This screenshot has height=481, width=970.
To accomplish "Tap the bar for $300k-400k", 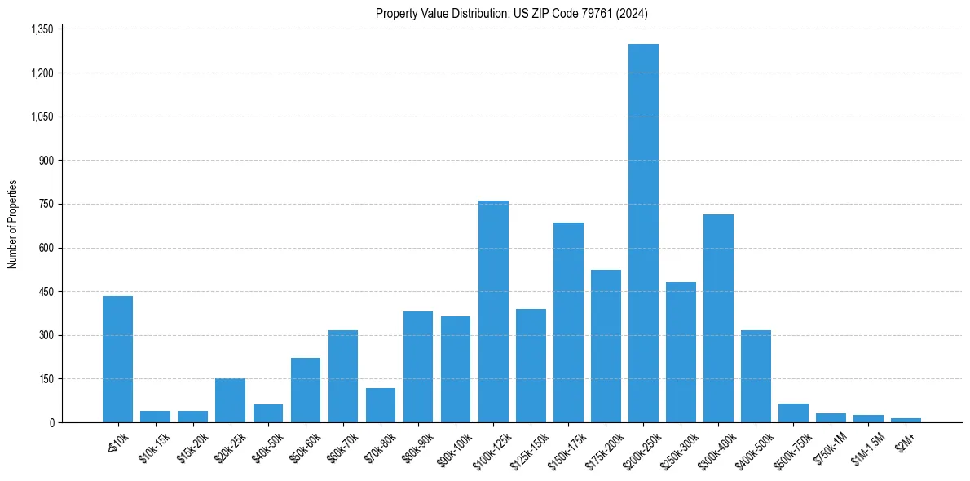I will [x=718, y=318].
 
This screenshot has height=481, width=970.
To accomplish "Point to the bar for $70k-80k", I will [x=381, y=405].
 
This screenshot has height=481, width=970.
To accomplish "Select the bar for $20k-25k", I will [x=230, y=400].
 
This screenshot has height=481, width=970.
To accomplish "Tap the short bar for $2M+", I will [x=906, y=420].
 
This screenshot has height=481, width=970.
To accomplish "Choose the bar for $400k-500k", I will [x=756, y=376].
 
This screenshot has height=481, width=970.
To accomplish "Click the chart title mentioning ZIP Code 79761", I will [x=512, y=13].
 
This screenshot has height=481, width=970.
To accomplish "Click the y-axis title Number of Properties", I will [x=13, y=224].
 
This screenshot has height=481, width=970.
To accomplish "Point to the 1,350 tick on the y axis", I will [x=42, y=29].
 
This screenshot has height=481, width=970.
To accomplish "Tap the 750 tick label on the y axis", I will [x=46, y=204].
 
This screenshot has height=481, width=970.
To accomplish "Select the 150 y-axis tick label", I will [x=46, y=379].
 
